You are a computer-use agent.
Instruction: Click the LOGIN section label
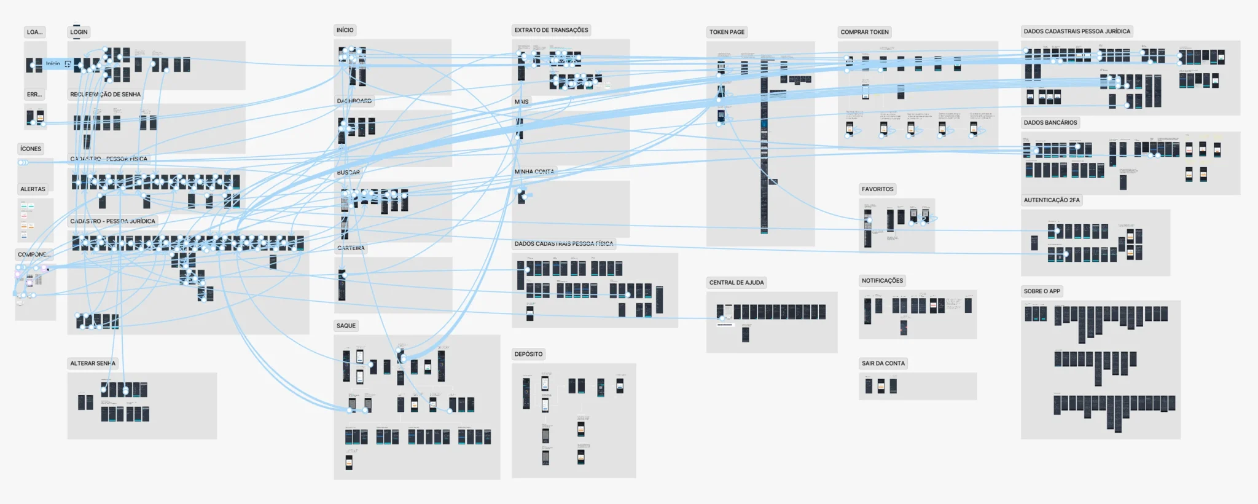(x=79, y=32)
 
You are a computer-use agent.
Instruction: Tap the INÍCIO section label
(x=345, y=30)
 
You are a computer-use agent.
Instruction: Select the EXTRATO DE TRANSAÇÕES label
(x=551, y=30)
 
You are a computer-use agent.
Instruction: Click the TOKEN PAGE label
(x=727, y=32)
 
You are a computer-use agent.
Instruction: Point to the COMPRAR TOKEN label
(x=864, y=32)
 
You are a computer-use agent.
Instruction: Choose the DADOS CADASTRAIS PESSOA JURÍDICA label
(x=1077, y=31)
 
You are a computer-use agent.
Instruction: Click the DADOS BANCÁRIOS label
(x=1050, y=123)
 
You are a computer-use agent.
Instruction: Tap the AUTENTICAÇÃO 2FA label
(x=1052, y=200)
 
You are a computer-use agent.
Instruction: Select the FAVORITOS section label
(x=877, y=189)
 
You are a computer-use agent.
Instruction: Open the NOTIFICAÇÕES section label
(x=882, y=281)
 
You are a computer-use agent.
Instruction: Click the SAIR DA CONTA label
(x=883, y=363)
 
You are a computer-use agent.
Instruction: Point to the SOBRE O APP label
(x=1042, y=291)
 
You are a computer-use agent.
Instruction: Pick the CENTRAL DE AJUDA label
(x=736, y=283)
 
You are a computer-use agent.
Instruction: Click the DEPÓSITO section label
(x=528, y=355)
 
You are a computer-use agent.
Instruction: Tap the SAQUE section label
(x=346, y=326)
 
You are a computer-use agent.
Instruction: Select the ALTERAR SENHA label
(x=93, y=363)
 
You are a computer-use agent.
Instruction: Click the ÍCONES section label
(x=31, y=149)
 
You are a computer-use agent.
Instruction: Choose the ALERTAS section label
(x=33, y=189)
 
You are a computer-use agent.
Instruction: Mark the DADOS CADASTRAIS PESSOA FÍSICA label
(x=564, y=244)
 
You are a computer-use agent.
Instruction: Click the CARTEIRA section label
(x=351, y=248)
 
